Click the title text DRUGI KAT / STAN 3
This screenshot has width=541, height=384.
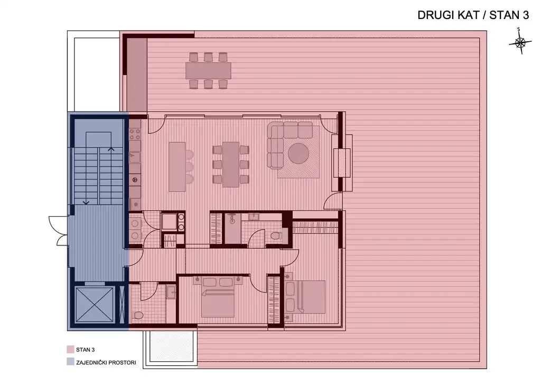473,15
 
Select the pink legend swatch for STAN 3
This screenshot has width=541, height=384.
70,350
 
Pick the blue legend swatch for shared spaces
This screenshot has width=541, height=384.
70,362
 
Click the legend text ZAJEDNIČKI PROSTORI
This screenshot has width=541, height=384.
106,363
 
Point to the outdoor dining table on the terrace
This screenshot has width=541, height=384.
208,70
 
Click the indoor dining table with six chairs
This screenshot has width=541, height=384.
231,164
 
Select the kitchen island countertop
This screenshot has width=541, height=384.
177,167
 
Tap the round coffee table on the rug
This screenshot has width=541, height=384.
299,153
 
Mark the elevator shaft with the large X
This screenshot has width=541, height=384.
94,305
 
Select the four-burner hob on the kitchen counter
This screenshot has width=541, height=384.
135,135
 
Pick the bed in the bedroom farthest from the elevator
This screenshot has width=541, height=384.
305,297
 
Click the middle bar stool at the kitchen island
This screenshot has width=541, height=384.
190,167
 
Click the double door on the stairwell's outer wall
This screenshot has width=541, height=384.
59,231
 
